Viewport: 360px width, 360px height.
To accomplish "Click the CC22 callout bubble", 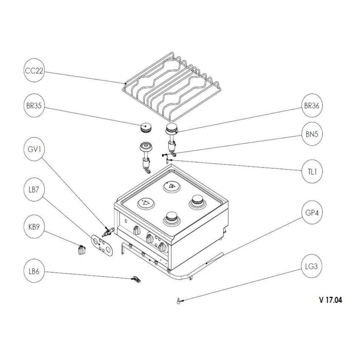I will click(34, 71).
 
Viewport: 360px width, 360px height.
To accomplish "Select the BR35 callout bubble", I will click(34, 106).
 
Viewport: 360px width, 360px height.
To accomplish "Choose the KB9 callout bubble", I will click(34, 227).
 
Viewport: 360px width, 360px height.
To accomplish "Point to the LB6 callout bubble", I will click(34, 271).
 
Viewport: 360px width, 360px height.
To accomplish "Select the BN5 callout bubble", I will click(311, 134).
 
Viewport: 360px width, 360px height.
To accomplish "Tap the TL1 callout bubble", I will click(311, 171).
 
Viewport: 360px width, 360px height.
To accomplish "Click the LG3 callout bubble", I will click(311, 266).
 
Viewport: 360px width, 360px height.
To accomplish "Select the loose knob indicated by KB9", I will click(80, 250).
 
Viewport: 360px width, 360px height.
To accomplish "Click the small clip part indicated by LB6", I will click(136, 279).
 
